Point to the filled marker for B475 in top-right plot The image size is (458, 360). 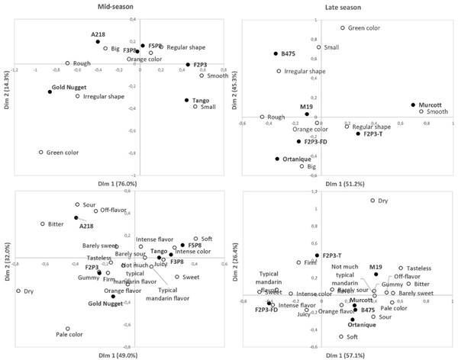tap(276, 53)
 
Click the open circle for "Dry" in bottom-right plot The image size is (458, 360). tap(373, 201)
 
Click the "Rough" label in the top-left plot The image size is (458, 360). tap(82, 63)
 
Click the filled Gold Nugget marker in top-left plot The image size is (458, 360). tap(50, 92)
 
